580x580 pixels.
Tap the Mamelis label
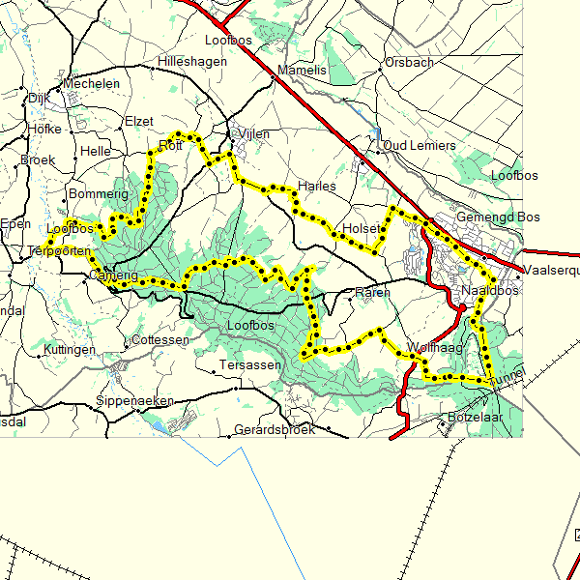(x=303, y=71)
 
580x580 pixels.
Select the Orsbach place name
(x=409, y=63)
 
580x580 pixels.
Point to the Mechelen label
(x=91, y=84)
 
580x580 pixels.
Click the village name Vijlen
(x=254, y=134)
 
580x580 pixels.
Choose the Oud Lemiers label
(x=420, y=145)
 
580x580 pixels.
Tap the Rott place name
(x=170, y=148)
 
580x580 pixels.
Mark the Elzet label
(x=139, y=122)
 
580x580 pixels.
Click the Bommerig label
(x=100, y=194)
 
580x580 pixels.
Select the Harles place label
(x=317, y=186)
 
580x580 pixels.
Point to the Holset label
(x=362, y=229)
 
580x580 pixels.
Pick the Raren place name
(x=372, y=292)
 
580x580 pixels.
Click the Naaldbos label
(x=490, y=291)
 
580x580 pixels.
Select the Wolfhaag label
(x=435, y=347)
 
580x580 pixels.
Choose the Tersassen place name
(x=250, y=365)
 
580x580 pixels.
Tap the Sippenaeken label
(x=135, y=401)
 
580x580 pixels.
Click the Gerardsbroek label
(x=275, y=429)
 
